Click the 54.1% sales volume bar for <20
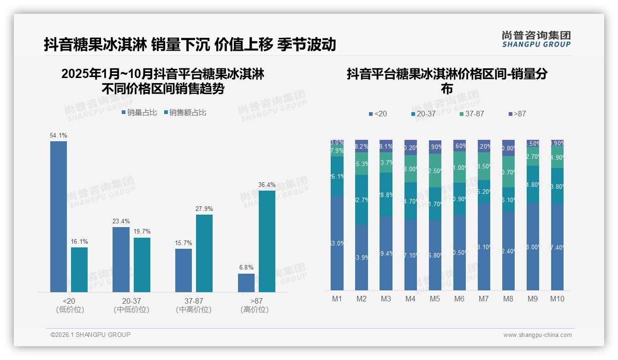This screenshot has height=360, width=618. (x=59, y=216)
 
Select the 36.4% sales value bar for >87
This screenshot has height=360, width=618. (x=267, y=241)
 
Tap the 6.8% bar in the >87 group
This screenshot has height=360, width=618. (x=246, y=282)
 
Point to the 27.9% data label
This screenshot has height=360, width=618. (x=204, y=209)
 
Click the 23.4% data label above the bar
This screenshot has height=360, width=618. (x=121, y=221)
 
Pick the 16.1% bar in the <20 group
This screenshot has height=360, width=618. (x=79, y=270)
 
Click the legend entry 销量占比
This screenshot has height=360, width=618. (x=139, y=113)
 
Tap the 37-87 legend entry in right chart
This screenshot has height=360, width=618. (x=471, y=114)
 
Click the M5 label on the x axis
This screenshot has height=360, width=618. (x=435, y=299)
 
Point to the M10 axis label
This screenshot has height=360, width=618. (x=557, y=299)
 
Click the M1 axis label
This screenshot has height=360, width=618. (x=337, y=299)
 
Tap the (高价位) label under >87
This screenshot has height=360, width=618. (x=255, y=310)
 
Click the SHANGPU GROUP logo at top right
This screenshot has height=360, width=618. (x=536, y=39)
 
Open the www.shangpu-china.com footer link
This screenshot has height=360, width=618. (x=537, y=335)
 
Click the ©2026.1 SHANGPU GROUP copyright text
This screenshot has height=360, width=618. (x=90, y=335)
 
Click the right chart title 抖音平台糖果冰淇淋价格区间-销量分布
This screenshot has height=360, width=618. (x=447, y=81)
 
